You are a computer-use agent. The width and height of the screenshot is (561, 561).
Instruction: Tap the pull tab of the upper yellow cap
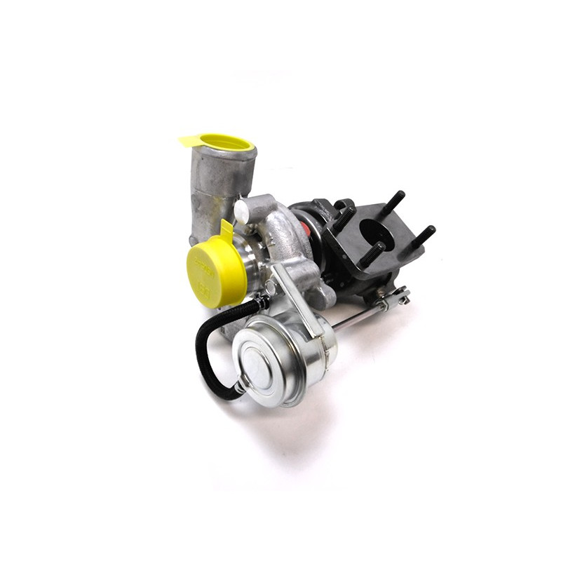tap(189, 140)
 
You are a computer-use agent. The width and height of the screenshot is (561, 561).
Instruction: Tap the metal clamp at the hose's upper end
tap(261, 303)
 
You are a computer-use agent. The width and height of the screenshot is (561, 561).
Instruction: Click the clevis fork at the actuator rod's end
tap(396, 298)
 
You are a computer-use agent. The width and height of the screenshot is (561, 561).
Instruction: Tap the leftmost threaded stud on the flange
tap(344, 217)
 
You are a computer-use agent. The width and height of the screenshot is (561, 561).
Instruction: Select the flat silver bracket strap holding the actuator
tap(295, 294)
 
